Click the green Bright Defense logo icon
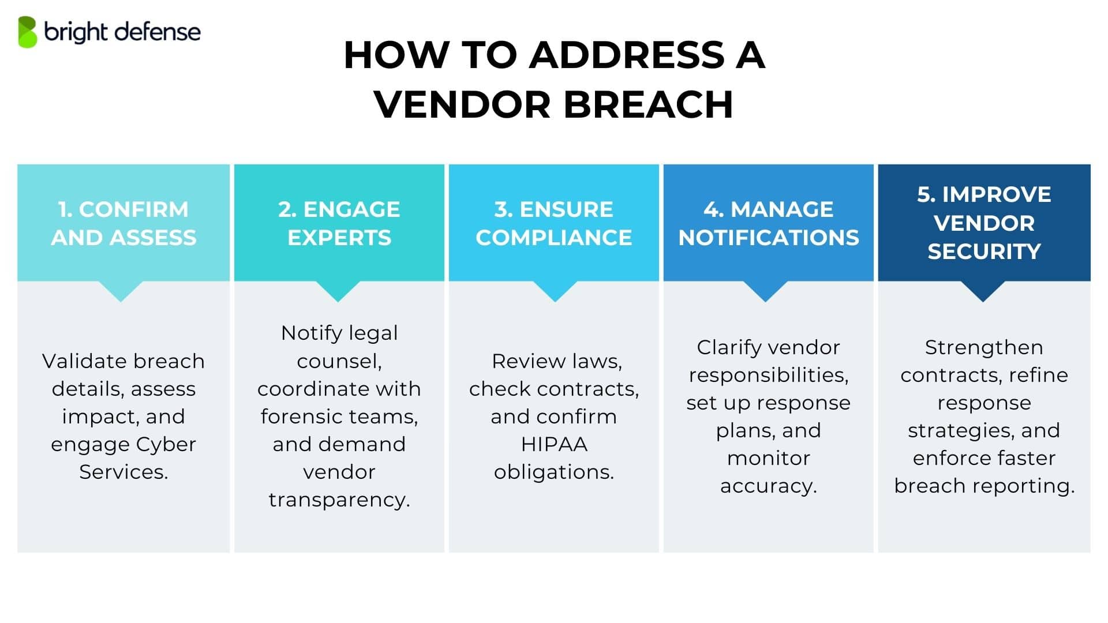(27, 32)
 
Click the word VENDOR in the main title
(462, 104)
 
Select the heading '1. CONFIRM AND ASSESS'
(123, 223)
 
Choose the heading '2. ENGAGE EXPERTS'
(339, 223)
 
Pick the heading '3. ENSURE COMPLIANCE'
(554, 223)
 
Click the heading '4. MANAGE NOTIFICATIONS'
(769, 223)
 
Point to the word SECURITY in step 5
(984, 252)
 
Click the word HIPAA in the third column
(554, 444)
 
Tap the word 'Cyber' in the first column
(167, 444)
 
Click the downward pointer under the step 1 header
(121, 291)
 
